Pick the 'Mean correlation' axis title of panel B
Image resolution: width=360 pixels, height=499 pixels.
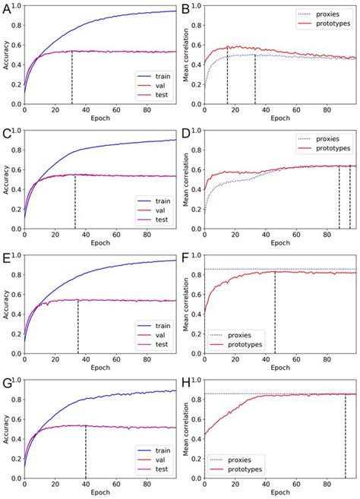point(188,57)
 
